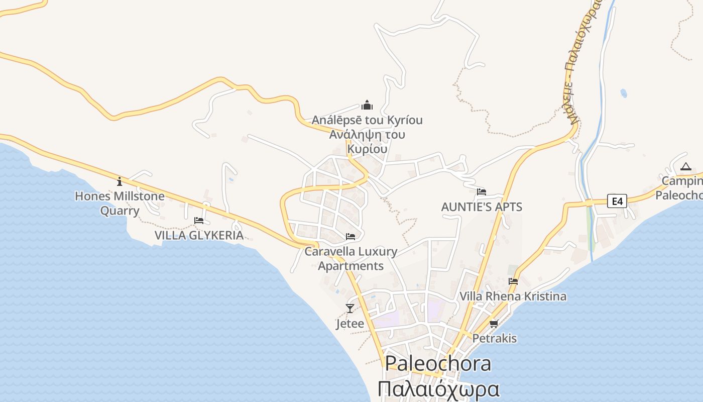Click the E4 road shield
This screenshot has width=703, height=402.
(x=617, y=202)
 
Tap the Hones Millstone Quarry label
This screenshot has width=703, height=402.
(x=120, y=203)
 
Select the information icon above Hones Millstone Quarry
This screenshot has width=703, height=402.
(x=120, y=181)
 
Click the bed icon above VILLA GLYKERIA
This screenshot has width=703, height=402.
(x=199, y=221)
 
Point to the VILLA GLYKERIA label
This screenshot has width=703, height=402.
(x=199, y=235)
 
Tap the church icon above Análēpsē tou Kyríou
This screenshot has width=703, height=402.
(x=367, y=105)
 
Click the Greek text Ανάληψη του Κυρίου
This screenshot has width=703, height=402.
(x=367, y=142)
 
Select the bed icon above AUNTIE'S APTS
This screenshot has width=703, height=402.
(x=481, y=192)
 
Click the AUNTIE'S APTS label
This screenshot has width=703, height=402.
(x=481, y=207)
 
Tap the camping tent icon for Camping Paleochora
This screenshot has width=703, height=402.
(x=685, y=167)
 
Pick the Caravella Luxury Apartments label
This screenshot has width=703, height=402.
(x=351, y=258)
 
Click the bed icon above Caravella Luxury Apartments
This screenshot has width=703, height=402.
(x=350, y=236)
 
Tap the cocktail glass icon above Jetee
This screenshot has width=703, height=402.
(x=350, y=309)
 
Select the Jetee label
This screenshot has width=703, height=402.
(x=350, y=324)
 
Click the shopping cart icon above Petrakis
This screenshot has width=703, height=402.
(x=494, y=324)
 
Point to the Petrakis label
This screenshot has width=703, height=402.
(x=494, y=338)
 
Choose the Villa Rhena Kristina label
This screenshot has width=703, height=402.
(x=513, y=296)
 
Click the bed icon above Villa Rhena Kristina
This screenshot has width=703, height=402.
(x=513, y=281)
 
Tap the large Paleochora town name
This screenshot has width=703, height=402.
(x=438, y=363)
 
